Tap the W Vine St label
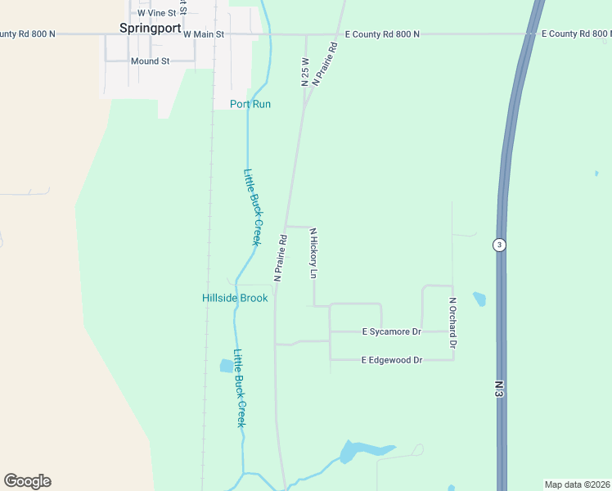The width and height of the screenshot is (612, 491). click(156, 13)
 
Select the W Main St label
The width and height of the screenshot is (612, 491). click(204, 34)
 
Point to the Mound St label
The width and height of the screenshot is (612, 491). click(150, 61)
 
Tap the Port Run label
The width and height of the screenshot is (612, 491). click(250, 104)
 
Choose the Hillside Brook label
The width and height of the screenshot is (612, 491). click(235, 298)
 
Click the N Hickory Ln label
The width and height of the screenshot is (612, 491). click(313, 253)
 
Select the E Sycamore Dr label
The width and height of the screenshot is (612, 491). click(391, 331)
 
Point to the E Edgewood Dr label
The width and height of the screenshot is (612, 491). click(392, 360)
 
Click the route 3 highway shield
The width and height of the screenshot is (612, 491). click(498, 245)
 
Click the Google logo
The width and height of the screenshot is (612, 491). click(28, 481)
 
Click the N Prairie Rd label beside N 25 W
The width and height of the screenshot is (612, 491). click(325, 65)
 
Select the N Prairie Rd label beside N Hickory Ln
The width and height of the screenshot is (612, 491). click(280, 259)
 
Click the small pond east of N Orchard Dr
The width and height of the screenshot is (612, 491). click(479, 299)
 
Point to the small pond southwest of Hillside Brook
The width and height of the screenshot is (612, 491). click(227, 366)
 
